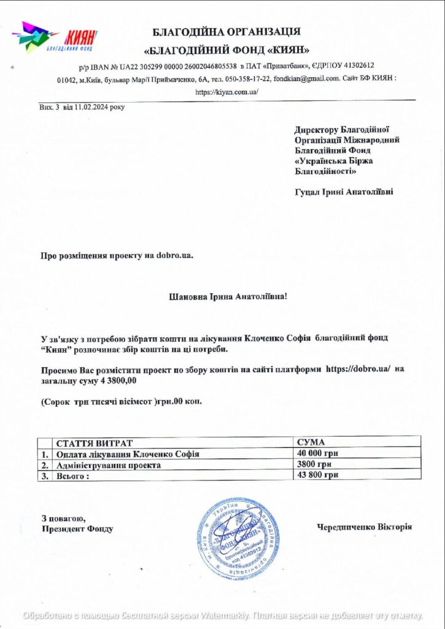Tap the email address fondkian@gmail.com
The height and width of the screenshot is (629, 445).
pyautogui.click(x=307, y=79)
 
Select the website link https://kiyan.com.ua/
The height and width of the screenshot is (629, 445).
pyautogui.click(x=226, y=92)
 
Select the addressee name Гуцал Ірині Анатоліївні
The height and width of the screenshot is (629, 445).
pyautogui.click(x=344, y=192)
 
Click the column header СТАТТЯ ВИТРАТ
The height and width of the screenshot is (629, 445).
pyautogui.click(x=95, y=443)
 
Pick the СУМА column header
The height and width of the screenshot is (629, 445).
pyautogui.click(x=311, y=442)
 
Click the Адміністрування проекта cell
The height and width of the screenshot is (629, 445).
pyautogui.click(x=108, y=465)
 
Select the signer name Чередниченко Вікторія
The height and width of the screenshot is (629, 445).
pyautogui.click(x=364, y=527)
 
